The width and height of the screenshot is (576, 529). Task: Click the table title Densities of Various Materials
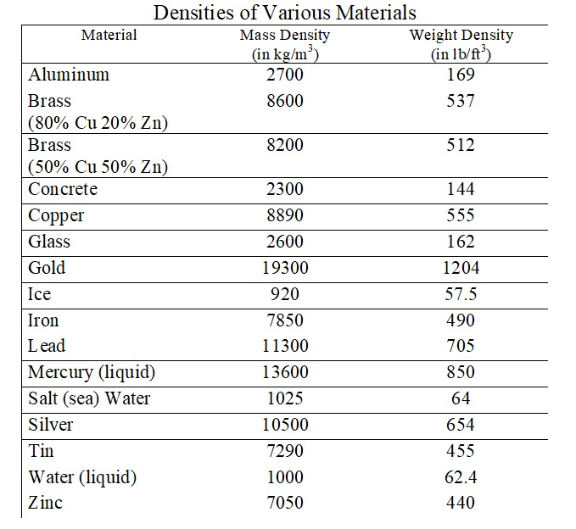coord(284,13)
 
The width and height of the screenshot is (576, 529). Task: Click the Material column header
coord(109,35)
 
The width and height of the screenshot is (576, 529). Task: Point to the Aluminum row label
coord(69,75)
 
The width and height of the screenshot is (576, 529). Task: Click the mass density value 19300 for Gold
coord(285,268)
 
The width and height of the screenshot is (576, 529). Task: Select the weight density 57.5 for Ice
coord(461,294)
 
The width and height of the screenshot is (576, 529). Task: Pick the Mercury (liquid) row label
coord(92,372)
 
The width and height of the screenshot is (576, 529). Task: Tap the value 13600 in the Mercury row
coord(285,372)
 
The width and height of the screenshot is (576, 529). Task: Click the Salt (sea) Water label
coord(89,398)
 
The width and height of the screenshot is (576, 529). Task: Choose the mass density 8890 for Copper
coord(285,215)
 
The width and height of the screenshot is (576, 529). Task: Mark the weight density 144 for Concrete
coord(461,189)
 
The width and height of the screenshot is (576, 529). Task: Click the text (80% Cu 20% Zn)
coord(98,123)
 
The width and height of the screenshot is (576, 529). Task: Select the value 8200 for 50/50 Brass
coord(285,145)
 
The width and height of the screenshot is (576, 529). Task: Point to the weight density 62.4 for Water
coord(461,477)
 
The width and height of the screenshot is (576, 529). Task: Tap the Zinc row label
coord(45,503)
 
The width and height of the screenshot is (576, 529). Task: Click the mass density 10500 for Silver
coord(285,425)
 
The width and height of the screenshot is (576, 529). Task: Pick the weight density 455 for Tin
coord(461,451)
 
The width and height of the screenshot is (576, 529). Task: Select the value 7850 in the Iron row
coord(285,320)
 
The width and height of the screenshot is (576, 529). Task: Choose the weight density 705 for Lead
coord(461,346)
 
